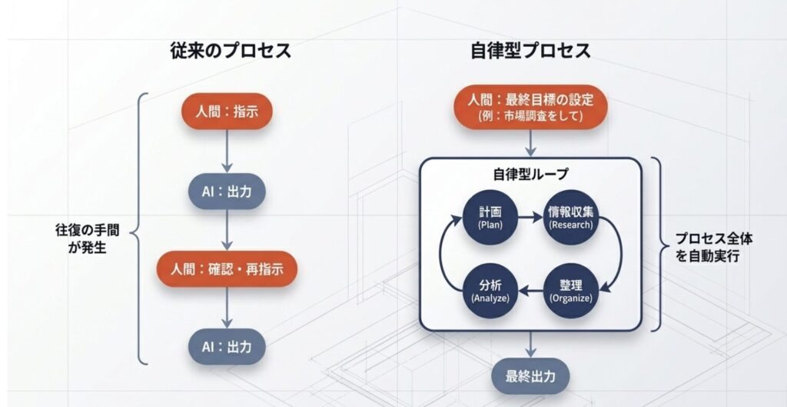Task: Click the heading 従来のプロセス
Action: point(230,52)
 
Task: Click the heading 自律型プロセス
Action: point(530,52)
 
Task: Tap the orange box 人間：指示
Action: point(227,112)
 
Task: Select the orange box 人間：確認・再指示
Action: point(227,270)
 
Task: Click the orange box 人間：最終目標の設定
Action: point(530,107)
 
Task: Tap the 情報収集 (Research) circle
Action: point(570,219)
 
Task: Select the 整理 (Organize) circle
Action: point(570,290)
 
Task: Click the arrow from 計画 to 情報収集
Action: point(530,219)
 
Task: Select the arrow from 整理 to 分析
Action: point(530,290)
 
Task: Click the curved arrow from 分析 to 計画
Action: point(444,255)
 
